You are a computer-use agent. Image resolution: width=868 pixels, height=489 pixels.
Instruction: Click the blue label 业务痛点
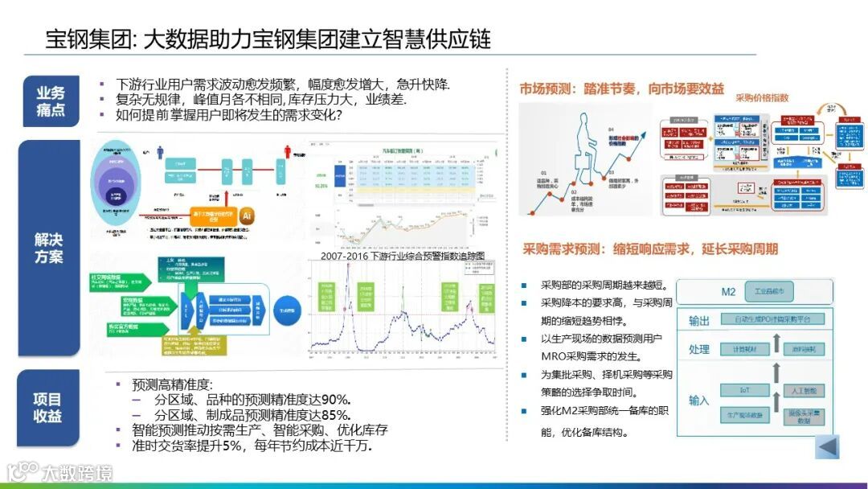[50, 101]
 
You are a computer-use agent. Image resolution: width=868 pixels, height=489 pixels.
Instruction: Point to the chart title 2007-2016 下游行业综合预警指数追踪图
[402, 256]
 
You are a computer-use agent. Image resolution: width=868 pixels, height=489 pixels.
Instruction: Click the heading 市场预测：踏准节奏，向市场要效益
[621, 88]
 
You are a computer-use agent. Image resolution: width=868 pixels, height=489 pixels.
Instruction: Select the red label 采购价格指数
[762, 98]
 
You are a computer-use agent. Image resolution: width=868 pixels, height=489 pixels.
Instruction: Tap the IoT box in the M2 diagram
[744, 391]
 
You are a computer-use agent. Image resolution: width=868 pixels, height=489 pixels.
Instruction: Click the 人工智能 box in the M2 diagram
[804, 391]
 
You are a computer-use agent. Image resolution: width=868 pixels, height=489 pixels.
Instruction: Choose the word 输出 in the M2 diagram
[699, 321]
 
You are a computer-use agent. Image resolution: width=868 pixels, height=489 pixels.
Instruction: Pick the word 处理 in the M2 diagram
[699, 350]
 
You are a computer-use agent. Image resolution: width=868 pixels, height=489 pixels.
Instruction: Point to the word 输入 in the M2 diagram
[699, 401]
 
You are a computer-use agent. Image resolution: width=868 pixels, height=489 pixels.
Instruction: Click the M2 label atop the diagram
[728, 292]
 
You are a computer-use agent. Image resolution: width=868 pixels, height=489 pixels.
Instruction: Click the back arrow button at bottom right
[827, 446]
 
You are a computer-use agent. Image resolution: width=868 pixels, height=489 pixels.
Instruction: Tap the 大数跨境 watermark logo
[59, 472]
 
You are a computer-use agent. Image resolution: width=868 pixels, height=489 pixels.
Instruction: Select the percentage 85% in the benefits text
[335, 415]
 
